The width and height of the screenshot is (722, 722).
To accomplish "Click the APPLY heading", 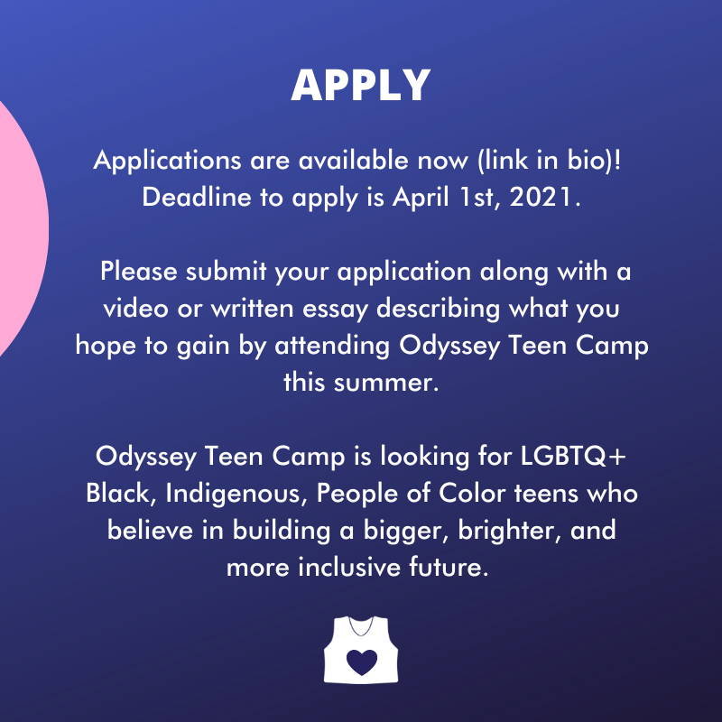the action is (x=361, y=85).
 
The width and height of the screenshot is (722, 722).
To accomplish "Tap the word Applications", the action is (x=167, y=162).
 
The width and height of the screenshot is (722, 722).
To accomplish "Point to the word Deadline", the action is (x=197, y=197).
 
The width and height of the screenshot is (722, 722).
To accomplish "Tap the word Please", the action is (x=139, y=272).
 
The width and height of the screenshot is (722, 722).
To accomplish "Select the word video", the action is (x=136, y=308).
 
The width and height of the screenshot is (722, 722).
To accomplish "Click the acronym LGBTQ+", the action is (x=573, y=457).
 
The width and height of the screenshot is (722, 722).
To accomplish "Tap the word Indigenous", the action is (x=236, y=494).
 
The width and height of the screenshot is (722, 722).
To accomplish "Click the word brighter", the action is (x=510, y=531).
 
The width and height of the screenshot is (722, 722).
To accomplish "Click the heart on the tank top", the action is (x=362, y=662).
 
